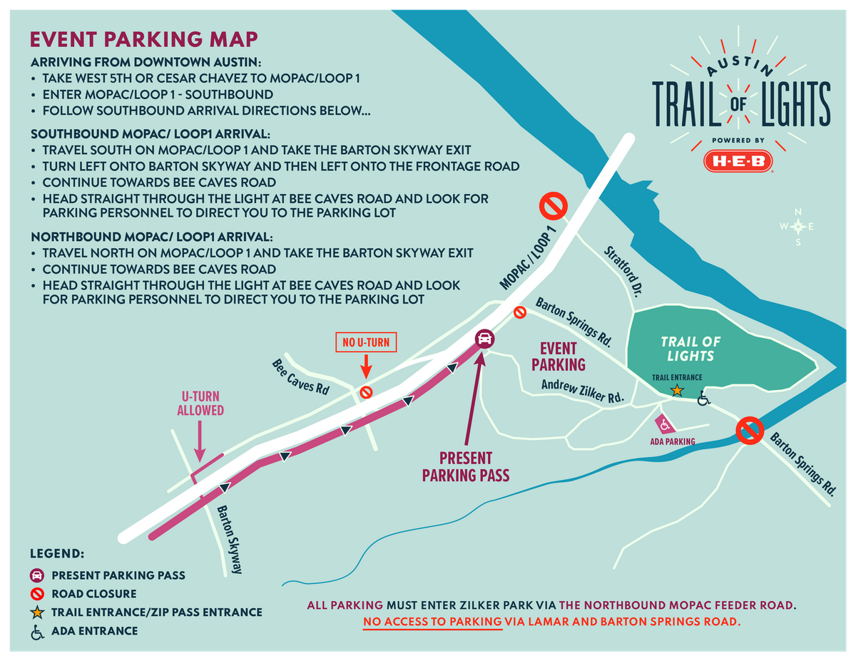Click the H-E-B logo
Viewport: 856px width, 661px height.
pyautogui.click(x=738, y=160)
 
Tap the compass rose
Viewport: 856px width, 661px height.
pyautogui.click(x=798, y=226)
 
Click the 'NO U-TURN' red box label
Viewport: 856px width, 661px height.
pyautogui.click(x=366, y=343)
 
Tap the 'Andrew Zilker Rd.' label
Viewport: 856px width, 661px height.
pyautogui.click(x=583, y=390)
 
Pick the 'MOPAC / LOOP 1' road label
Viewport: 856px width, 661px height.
pyautogui.click(x=529, y=260)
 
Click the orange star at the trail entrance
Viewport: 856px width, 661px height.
pyautogui.click(x=677, y=391)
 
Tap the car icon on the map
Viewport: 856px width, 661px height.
pyautogui.click(x=484, y=338)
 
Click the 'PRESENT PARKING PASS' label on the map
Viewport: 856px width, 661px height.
pyautogui.click(x=466, y=466)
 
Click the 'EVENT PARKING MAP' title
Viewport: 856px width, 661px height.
pyautogui.click(x=143, y=39)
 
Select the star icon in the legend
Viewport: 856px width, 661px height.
pyautogui.click(x=37, y=612)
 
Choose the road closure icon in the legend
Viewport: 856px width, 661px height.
pyautogui.click(x=37, y=593)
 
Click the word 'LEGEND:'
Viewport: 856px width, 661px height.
pyautogui.click(x=57, y=553)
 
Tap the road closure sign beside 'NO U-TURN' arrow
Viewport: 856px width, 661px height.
pyautogui.click(x=365, y=391)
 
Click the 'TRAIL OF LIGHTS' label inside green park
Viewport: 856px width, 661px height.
pyautogui.click(x=691, y=349)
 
